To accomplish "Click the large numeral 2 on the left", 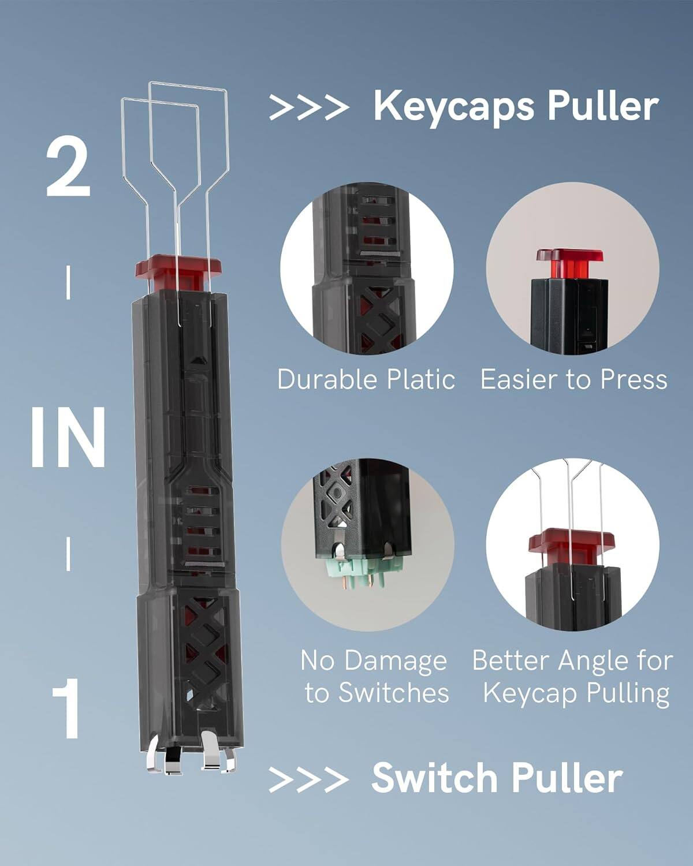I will point(68,169).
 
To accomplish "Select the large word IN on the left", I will point(68,438).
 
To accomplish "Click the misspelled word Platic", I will point(421,379).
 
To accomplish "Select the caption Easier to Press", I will point(573,379).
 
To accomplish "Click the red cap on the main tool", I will point(179,268).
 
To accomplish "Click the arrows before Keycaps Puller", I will point(308,107).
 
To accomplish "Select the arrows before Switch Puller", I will point(308,779).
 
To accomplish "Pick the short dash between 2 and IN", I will point(69,282).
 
